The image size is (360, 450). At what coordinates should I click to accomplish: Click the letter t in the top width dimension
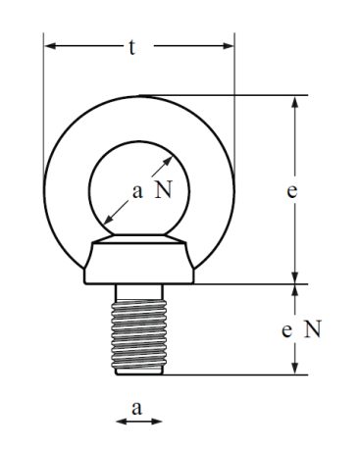coord(131,48)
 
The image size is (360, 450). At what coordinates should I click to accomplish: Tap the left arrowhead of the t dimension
coord(49,46)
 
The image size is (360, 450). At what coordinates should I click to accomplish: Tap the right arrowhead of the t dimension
coord(229,46)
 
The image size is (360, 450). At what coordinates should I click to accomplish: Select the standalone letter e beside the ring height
coord(292,191)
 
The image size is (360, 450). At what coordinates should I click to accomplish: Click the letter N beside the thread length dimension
coord(313,329)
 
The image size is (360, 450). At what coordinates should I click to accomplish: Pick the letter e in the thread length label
coord(286,330)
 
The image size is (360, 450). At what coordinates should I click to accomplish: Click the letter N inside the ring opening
coord(163,189)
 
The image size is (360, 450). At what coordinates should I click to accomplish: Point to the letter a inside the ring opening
coord(137,192)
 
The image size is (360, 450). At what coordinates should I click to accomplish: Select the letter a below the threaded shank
coord(136,409)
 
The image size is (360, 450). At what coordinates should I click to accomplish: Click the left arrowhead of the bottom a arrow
coord(122,422)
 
